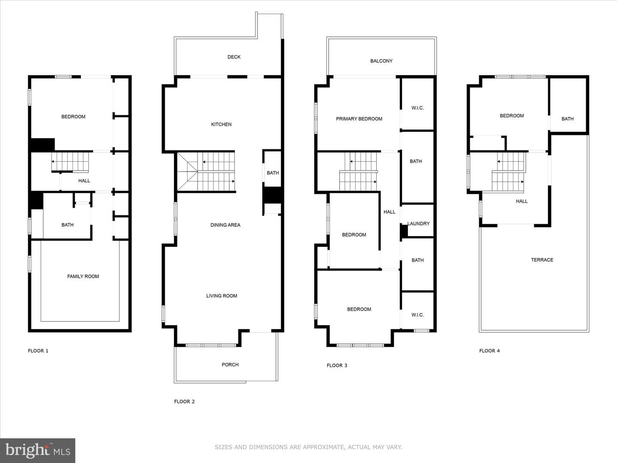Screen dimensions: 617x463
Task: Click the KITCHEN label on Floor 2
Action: coord(221,124)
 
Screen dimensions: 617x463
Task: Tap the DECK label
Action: coord(234,57)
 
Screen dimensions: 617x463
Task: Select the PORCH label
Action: coord(230,364)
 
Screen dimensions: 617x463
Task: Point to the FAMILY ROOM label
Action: coord(83,277)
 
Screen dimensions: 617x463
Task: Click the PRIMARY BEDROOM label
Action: coord(359,119)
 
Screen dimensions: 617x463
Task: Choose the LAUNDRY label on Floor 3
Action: coord(419,223)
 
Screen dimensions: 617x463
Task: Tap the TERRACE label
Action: coord(542,260)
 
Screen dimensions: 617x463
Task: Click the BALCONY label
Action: coord(381,61)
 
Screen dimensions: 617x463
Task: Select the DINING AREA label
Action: coord(225,225)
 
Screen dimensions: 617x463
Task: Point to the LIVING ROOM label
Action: coord(222,296)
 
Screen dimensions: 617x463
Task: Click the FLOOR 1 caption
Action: coord(38,351)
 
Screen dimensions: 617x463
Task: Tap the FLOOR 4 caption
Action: coord(489,351)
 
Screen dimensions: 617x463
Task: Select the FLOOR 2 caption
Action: coord(184,401)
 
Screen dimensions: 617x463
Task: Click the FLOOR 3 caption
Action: coord(337,365)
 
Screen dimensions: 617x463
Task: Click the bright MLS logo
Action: coord(37,450)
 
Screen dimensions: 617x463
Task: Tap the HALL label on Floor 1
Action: coord(84,181)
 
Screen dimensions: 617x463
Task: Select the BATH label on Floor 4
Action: coord(568,119)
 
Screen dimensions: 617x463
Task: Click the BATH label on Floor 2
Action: coord(273,173)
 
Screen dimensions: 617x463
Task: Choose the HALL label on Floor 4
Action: coord(522,201)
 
